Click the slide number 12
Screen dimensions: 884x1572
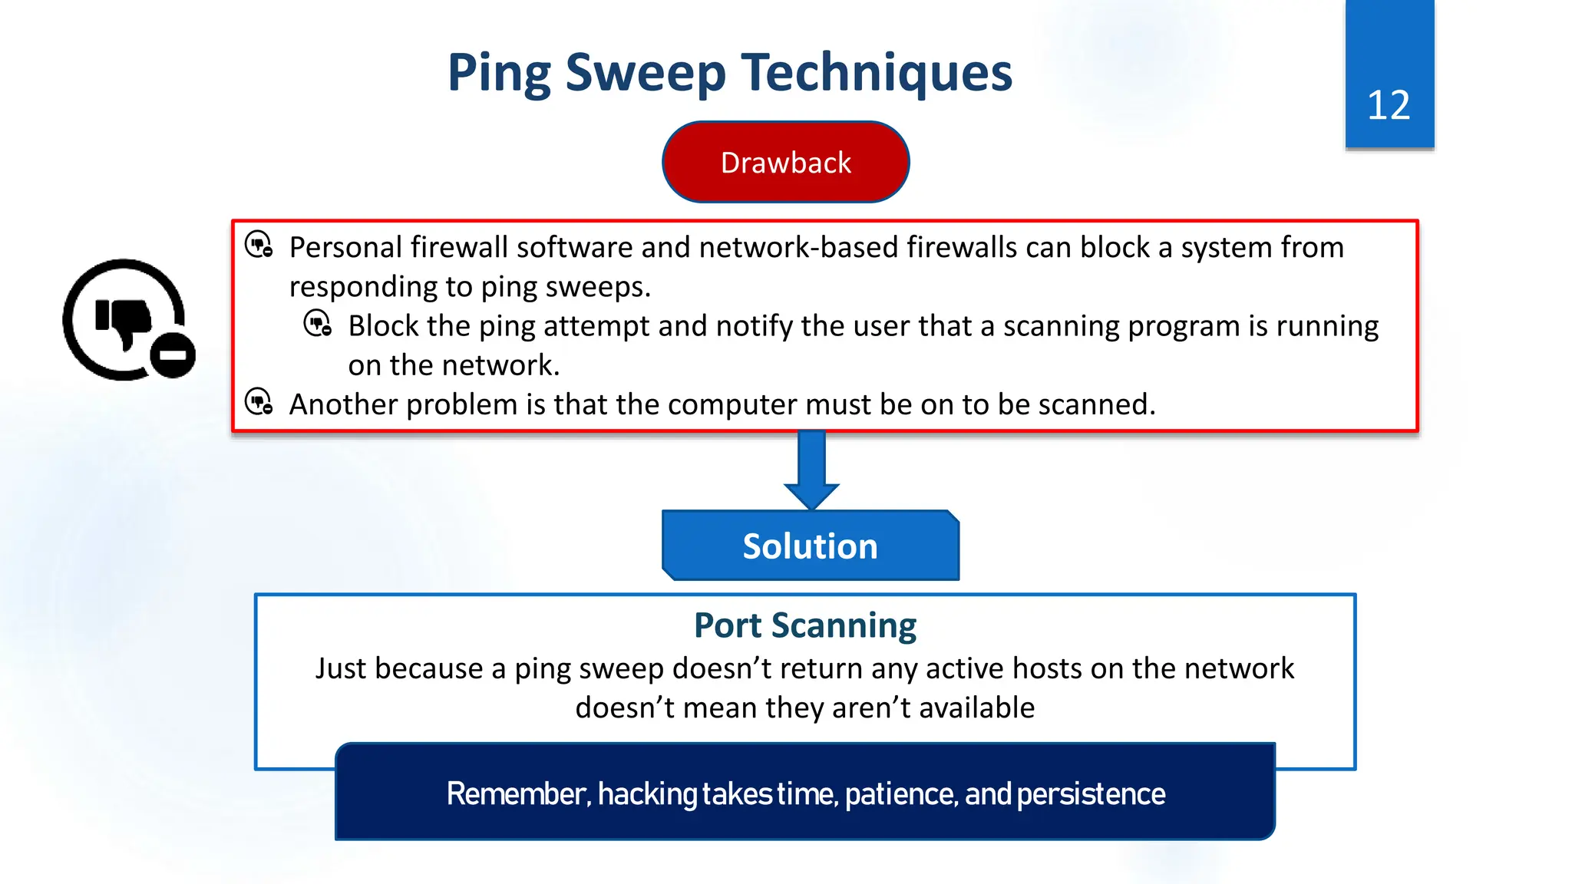coord(1389,105)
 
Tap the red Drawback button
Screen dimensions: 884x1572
coord(785,163)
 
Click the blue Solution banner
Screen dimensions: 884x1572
coord(810,546)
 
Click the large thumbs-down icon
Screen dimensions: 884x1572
coord(123,319)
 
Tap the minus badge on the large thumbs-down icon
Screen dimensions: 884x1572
coord(173,355)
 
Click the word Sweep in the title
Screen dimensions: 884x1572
coord(646,73)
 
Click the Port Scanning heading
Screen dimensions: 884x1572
coord(804,625)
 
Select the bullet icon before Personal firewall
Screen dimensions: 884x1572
coord(259,246)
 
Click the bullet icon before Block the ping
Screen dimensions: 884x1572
coord(318,324)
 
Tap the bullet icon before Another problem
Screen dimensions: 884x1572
coord(259,402)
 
